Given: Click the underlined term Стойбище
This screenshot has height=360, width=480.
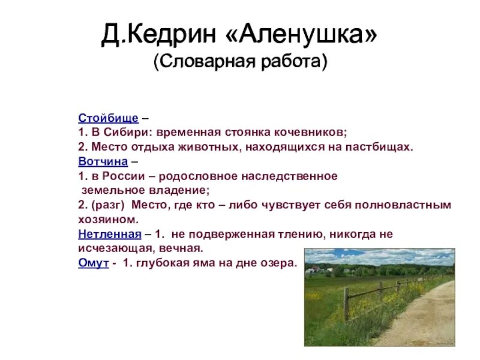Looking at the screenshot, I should (x=108, y=118).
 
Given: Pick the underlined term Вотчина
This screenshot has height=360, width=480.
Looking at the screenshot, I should (x=103, y=162).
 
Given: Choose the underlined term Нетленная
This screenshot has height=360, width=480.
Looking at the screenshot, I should (x=109, y=235).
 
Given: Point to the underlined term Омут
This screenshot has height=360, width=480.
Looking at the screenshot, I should (x=93, y=263).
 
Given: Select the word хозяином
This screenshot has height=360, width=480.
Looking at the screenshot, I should (x=104, y=220).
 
